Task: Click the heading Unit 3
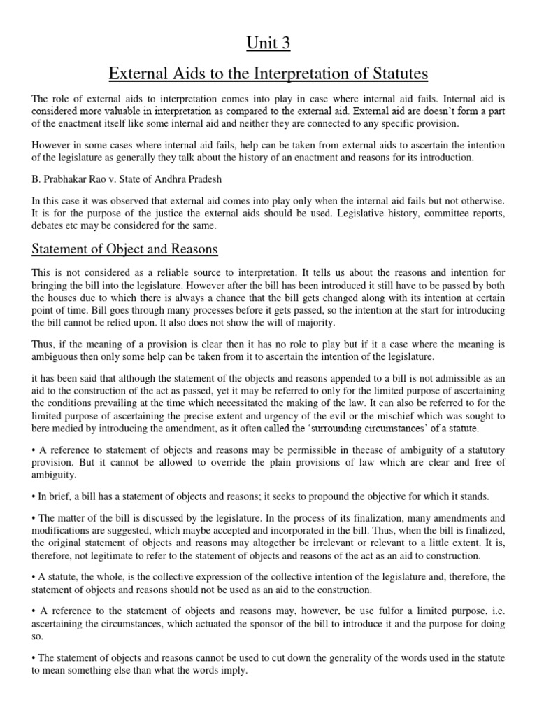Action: pos(268,43)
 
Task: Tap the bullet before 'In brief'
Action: pos(34,496)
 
